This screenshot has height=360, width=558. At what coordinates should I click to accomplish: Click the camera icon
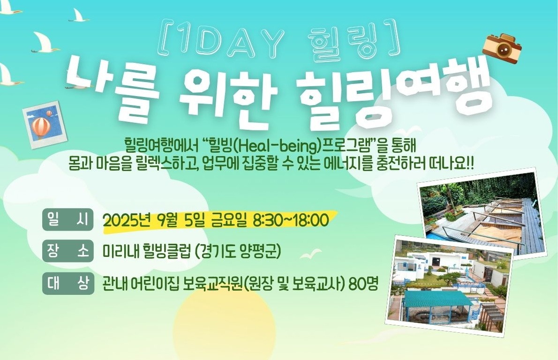pyautogui.click(x=502, y=49)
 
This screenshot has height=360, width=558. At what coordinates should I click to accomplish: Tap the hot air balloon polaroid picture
pyautogui.click(x=45, y=125)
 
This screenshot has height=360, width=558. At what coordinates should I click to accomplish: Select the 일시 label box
pyautogui.click(x=68, y=219)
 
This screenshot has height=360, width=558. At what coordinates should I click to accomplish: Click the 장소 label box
pyautogui.click(x=68, y=251)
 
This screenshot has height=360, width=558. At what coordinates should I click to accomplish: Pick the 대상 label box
pyautogui.click(x=68, y=284)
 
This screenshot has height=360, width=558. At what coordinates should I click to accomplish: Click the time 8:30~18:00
pyautogui.click(x=291, y=220)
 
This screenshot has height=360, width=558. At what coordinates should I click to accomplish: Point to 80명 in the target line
pyautogui.click(x=363, y=284)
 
